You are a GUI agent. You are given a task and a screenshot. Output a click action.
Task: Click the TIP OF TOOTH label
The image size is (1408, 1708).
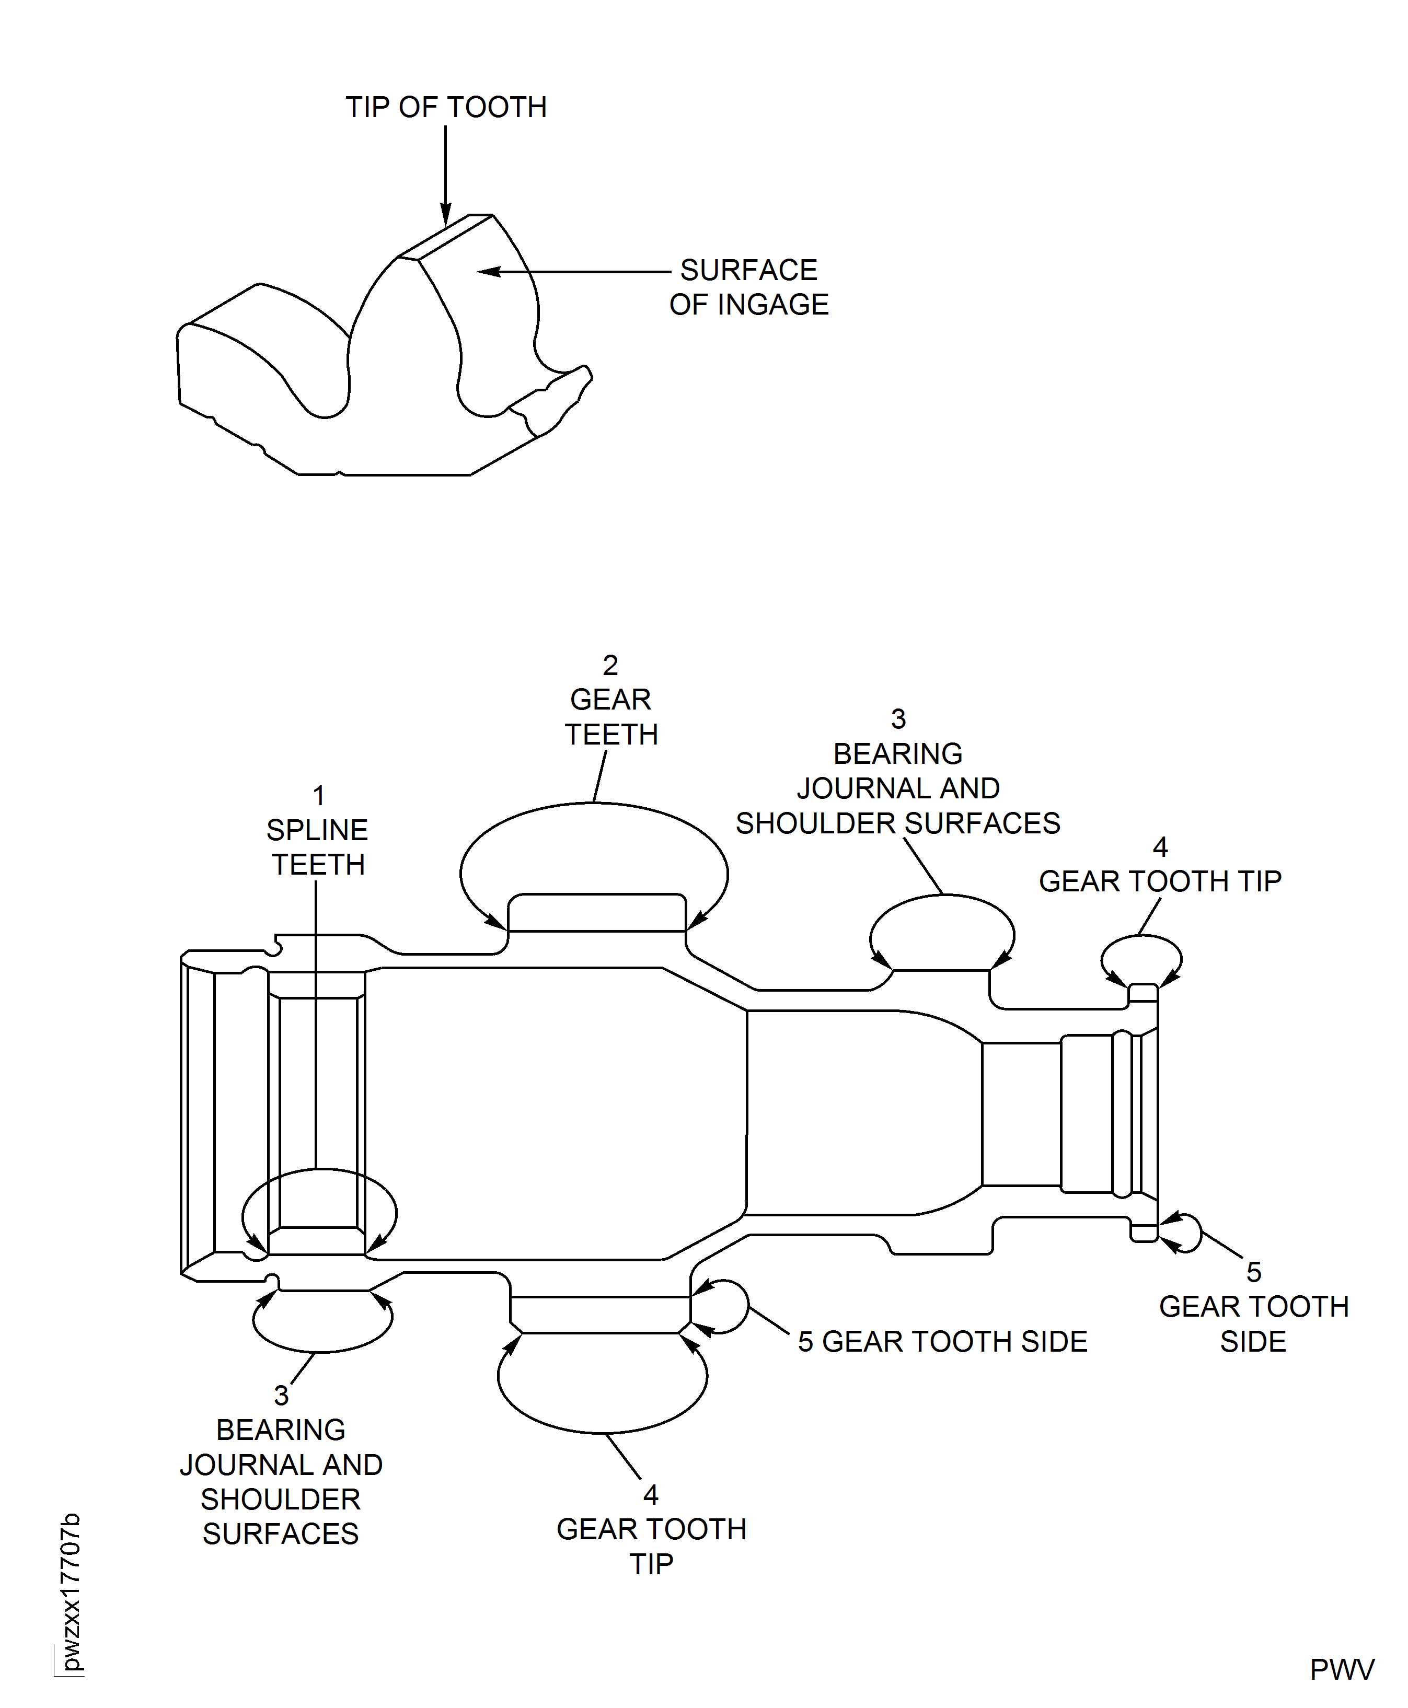(446, 107)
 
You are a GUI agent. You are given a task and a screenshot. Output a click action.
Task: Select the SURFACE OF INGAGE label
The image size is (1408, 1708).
(748, 287)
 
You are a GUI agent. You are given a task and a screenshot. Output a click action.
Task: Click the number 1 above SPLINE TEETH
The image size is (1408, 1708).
(319, 795)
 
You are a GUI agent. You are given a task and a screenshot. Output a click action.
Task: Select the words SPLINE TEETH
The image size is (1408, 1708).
(318, 847)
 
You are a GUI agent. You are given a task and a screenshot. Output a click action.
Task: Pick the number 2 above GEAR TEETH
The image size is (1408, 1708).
(611, 666)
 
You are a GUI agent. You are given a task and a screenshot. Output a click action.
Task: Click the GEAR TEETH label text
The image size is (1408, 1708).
(611, 717)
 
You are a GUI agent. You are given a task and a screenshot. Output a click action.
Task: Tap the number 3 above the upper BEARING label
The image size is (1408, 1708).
(898, 719)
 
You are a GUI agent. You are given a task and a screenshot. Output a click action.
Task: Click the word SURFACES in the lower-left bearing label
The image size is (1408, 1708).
(281, 1533)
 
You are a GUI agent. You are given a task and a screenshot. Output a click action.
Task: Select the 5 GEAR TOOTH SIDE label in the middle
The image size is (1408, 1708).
(942, 1342)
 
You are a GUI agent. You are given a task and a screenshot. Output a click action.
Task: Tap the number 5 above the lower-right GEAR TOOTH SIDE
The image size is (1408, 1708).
(1253, 1272)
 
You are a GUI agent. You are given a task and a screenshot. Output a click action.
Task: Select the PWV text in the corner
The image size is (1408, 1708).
(1342, 1670)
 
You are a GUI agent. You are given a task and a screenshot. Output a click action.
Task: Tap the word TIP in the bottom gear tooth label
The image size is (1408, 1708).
(651, 1564)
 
